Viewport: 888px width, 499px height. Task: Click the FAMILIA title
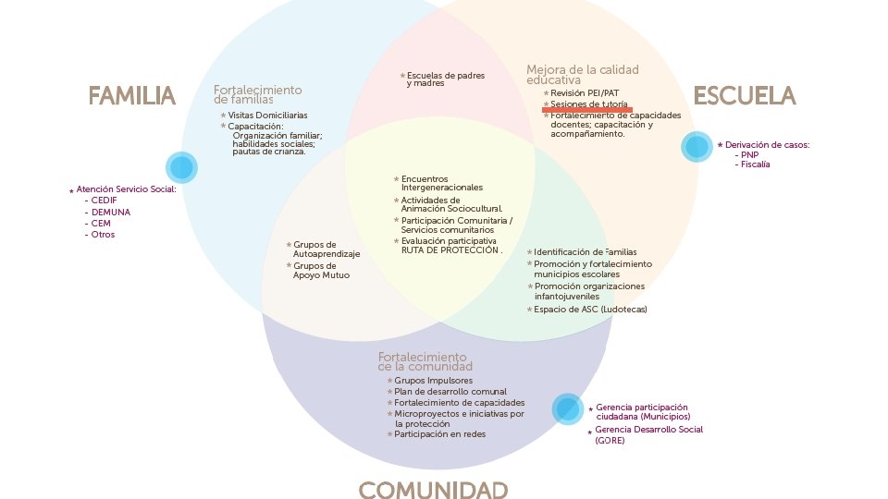131,96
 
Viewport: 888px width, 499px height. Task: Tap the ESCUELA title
744,96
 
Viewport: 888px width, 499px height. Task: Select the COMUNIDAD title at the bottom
433,490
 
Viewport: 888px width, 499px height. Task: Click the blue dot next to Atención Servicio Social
181,167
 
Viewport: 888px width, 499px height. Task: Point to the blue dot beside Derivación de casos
697,147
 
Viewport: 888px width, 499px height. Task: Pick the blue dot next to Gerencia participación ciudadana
568,408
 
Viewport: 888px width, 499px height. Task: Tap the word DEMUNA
110,211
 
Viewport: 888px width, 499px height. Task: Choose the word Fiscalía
755,164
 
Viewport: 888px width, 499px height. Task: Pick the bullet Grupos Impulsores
433,380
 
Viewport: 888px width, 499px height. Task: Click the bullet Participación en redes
439,434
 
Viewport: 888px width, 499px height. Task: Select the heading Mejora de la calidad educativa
582,75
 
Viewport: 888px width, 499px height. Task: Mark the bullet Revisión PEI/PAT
585,93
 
